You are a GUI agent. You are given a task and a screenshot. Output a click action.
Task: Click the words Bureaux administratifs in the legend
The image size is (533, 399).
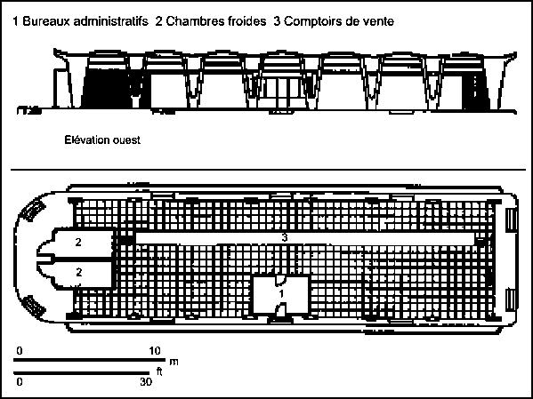point(85,21)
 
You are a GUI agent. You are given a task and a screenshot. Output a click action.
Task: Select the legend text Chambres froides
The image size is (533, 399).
point(216,21)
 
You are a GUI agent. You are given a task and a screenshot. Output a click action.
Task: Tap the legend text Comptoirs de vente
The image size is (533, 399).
point(339,21)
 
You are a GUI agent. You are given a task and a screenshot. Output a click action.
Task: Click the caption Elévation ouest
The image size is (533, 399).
point(102,140)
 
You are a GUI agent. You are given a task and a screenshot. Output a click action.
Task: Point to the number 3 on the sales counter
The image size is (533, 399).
point(285,237)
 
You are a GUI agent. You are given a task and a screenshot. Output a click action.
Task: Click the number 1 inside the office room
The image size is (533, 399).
point(281,294)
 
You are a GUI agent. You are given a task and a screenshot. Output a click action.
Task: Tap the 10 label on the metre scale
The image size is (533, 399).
point(155,351)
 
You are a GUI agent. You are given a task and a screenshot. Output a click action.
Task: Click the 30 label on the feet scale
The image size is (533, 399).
point(146,382)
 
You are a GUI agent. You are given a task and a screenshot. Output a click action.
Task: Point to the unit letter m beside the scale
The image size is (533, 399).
point(174,362)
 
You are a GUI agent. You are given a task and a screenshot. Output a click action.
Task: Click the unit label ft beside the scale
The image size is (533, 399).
point(158,371)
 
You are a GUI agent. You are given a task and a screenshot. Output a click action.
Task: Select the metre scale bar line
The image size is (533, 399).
point(89,360)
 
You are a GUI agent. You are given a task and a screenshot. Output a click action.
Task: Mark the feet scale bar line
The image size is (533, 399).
point(82,373)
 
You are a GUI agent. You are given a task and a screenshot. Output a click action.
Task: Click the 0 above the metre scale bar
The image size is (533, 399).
point(20,351)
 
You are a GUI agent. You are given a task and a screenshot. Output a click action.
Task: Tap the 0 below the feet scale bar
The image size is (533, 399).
point(20,382)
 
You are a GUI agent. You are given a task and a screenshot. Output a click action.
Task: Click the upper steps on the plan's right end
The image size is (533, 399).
point(512,220)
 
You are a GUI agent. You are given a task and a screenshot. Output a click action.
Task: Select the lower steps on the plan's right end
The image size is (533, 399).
point(512,299)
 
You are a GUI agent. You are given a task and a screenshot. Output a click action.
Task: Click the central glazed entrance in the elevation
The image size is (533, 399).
point(281,91)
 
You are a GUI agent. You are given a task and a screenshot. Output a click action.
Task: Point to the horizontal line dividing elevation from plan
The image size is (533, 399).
point(269,169)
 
